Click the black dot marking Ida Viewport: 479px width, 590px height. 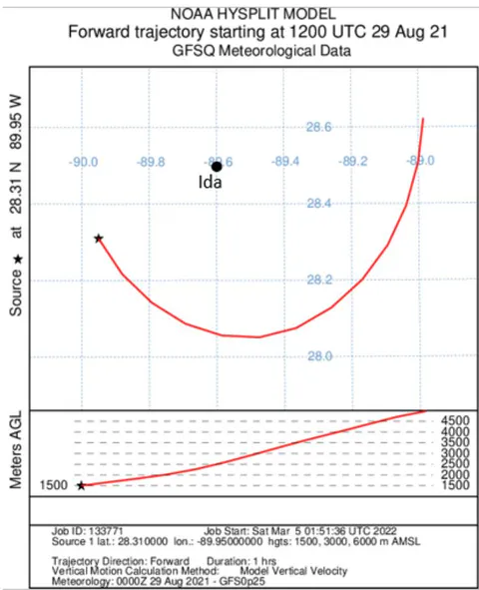[217, 167]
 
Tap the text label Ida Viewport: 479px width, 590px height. [211, 183]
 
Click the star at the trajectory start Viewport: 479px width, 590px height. [99, 239]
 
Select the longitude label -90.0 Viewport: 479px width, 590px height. [84, 162]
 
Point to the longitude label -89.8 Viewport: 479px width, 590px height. [151, 162]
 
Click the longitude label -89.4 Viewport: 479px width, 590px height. [285, 162]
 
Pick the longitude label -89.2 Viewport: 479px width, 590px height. [352, 162]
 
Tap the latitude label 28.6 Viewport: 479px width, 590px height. [319, 127]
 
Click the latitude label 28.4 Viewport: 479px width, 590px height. [319, 204]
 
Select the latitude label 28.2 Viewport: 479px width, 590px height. [319, 280]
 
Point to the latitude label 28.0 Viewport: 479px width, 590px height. [320, 356]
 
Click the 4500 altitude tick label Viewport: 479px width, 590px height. [455, 420]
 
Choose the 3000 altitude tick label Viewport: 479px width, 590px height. [455, 453]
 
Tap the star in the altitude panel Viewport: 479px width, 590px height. [81, 485]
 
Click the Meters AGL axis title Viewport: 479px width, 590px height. [16, 450]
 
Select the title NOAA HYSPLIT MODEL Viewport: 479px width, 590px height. [253, 14]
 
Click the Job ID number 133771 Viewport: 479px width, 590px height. [106, 531]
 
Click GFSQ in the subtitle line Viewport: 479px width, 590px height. [194, 51]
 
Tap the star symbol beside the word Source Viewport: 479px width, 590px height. [18, 260]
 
